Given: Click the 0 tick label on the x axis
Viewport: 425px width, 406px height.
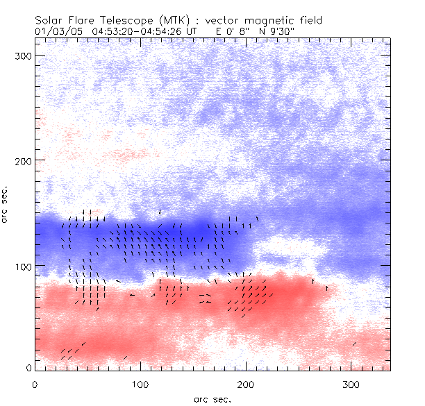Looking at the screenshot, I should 35,384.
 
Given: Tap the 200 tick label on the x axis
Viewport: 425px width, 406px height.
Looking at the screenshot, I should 246,384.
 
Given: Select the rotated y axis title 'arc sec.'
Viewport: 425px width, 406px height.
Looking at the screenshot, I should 7,204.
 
